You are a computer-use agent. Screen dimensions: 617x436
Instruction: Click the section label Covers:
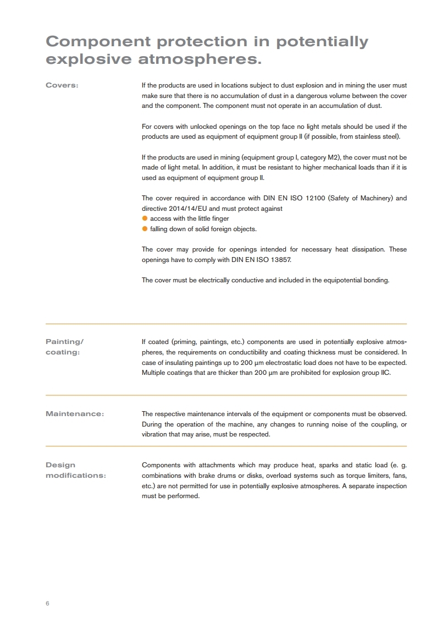coord(62,85)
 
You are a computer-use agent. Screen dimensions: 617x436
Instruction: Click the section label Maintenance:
coord(74,414)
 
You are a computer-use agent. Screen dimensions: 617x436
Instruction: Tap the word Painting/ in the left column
coord(64,342)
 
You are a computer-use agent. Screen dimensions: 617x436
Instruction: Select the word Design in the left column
coord(60,465)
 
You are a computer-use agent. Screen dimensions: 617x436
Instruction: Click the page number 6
coord(47,603)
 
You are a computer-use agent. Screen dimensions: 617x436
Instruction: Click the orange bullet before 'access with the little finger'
coord(145,219)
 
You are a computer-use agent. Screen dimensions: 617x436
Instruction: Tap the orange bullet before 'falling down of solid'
coord(145,229)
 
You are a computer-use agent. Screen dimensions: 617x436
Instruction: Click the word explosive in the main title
coord(88,59)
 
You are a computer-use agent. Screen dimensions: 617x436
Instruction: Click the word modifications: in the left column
coord(75,476)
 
